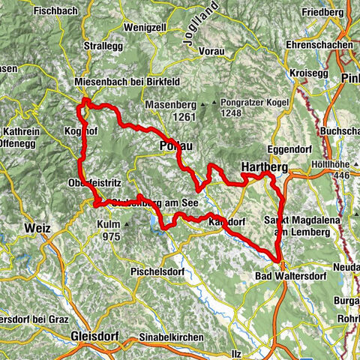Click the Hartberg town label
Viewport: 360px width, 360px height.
pyautogui.click(x=263, y=166)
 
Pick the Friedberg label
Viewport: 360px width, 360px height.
pyautogui.click(x=324, y=13)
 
